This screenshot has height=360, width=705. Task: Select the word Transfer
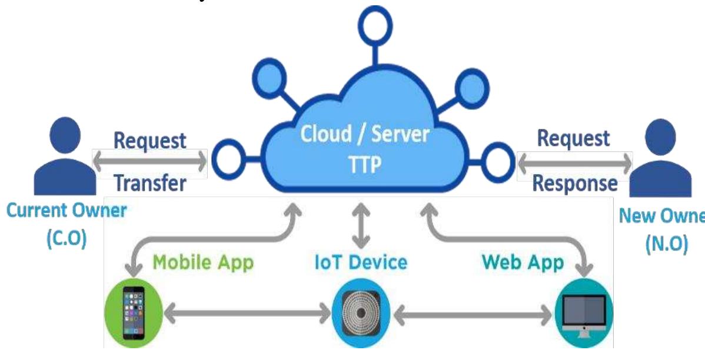[x=149, y=184]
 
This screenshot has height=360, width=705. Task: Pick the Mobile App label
[x=203, y=262]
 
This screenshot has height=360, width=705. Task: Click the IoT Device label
[x=360, y=262]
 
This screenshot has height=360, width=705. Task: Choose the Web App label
[x=522, y=262]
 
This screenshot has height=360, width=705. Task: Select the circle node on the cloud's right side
[x=498, y=161]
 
